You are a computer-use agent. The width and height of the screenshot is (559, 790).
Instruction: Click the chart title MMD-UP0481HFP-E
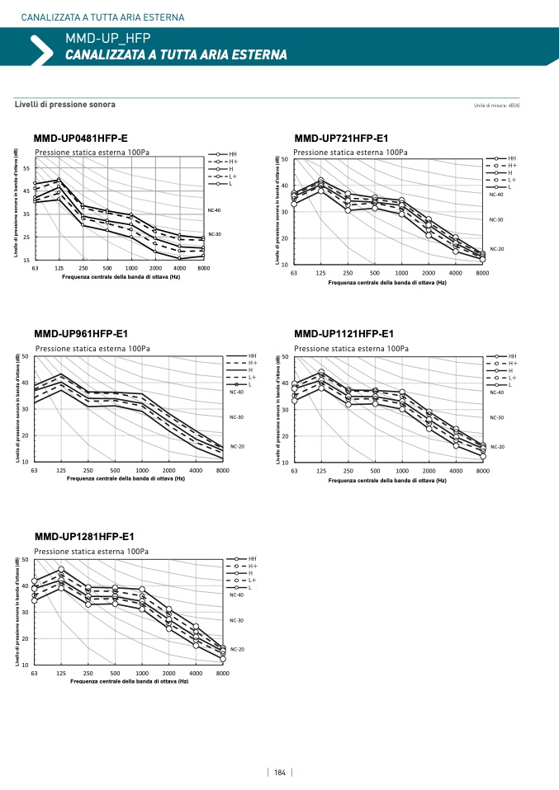pyautogui.click(x=81, y=138)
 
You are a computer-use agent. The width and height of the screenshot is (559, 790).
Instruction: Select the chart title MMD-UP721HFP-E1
pyautogui.click(x=341, y=138)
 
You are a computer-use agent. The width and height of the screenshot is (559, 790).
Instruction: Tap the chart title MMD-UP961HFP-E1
pyautogui.click(x=81, y=334)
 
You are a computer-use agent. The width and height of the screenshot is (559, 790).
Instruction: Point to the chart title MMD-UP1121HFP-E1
pyautogui.click(x=343, y=334)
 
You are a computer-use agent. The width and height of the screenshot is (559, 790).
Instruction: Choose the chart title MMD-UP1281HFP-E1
pyautogui.click(x=84, y=537)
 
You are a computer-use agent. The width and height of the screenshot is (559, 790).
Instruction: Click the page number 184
pyautogui.click(x=279, y=773)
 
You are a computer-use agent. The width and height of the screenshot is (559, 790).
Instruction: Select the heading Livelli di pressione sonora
pyautogui.click(x=65, y=105)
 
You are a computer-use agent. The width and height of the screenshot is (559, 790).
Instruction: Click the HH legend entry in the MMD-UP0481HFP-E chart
pyautogui.click(x=232, y=154)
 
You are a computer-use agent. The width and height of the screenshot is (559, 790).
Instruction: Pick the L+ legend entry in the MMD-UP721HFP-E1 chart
pyautogui.click(x=512, y=180)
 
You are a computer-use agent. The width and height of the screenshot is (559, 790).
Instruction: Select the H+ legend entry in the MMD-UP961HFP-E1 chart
pyautogui.click(x=253, y=363)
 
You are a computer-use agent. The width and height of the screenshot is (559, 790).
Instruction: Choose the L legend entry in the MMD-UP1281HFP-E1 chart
pyautogui.click(x=252, y=588)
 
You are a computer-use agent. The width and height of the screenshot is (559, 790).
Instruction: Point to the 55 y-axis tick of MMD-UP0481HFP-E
pyautogui.click(x=26, y=168)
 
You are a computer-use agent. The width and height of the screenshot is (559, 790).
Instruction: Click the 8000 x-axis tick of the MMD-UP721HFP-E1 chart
pyautogui.click(x=482, y=272)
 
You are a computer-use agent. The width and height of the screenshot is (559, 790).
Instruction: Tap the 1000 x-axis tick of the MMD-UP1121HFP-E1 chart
pyautogui.click(x=402, y=470)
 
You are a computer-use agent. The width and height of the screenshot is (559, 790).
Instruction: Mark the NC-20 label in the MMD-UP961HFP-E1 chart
pyautogui.click(x=237, y=446)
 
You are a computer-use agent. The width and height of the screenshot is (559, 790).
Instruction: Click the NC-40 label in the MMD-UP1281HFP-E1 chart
pyautogui.click(x=237, y=594)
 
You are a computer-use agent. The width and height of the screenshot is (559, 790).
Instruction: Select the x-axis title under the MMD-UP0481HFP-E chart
pyautogui.click(x=121, y=277)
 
